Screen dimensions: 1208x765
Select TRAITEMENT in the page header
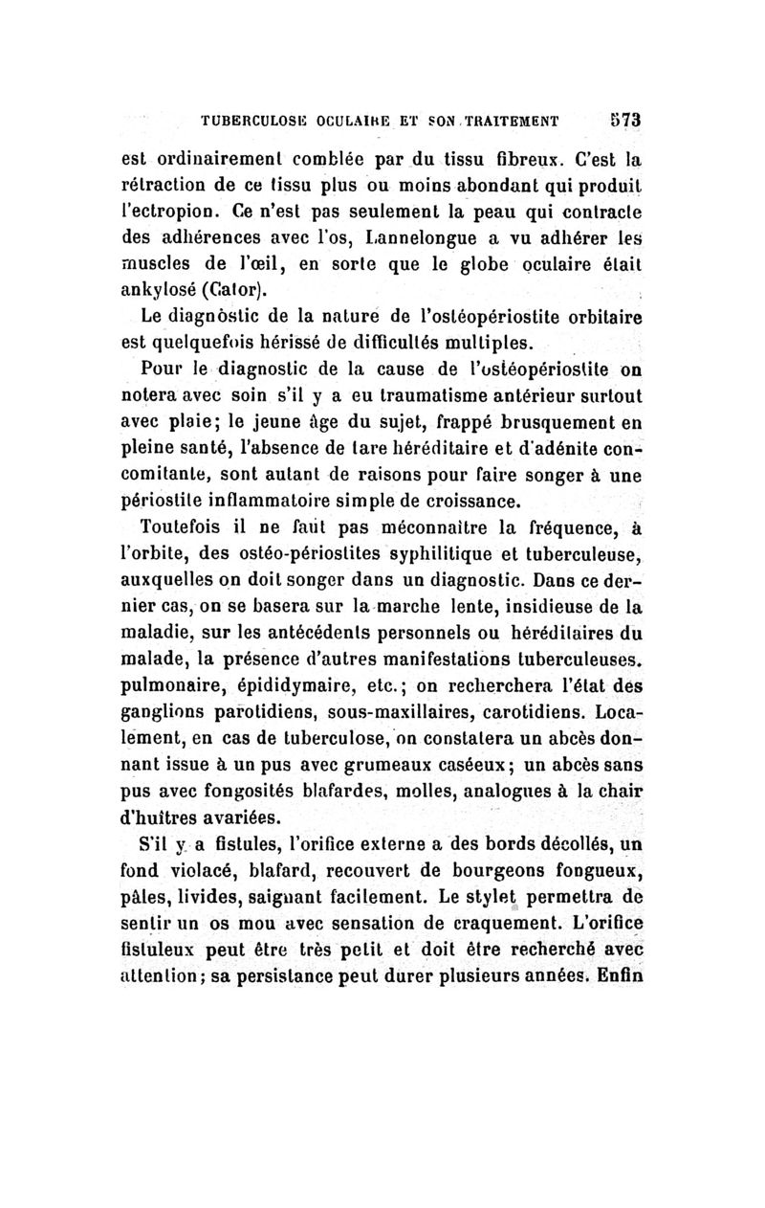pyautogui.click(x=508, y=122)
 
